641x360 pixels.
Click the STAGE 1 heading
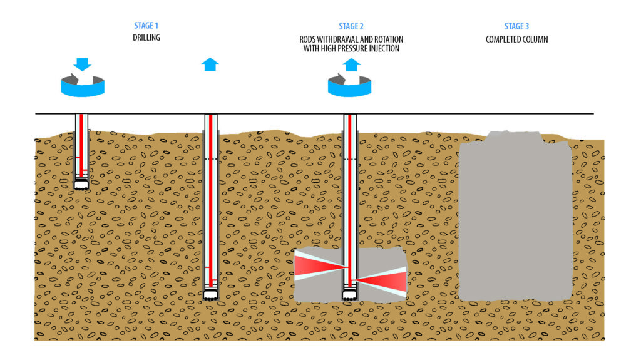tap(146, 26)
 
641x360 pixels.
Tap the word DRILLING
tap(146, 38)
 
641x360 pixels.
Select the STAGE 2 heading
tap(351, 26)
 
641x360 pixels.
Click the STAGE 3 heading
tap(516, 26)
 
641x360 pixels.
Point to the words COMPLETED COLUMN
tap(516, 39)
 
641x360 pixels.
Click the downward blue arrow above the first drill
tap(82, 64)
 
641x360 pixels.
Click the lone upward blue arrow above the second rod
tap(210, 64)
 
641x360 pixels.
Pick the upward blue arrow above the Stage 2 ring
tap(351, 64)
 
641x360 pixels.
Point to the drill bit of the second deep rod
tap(211, 294)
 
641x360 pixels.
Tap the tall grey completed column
tap(515, 219)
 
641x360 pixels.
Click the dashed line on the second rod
tap(211, 159)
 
